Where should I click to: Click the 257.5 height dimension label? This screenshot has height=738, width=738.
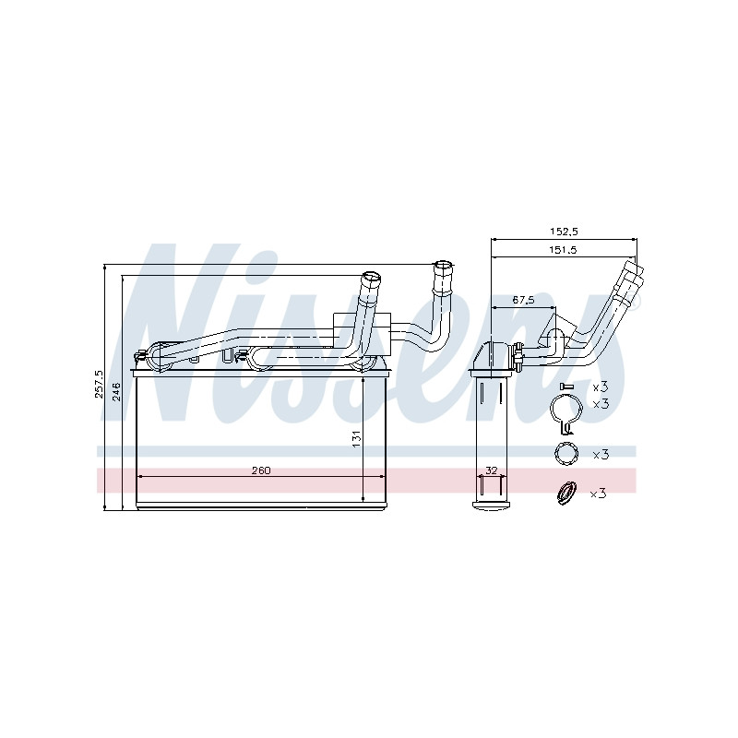coord(99,384)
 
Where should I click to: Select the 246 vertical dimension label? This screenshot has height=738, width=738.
coord(117,391)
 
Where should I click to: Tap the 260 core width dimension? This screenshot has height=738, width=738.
coord(261,470)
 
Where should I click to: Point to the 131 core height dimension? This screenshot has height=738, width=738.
coord(357,438)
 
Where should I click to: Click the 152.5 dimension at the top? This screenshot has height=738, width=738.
coord(564,232)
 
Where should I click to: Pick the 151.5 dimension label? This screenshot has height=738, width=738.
coord(563,250)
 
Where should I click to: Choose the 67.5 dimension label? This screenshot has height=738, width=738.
coord(523,301)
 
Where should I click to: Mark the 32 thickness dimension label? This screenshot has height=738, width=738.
coord(491,470)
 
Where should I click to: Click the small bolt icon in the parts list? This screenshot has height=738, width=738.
coord(566,387)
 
